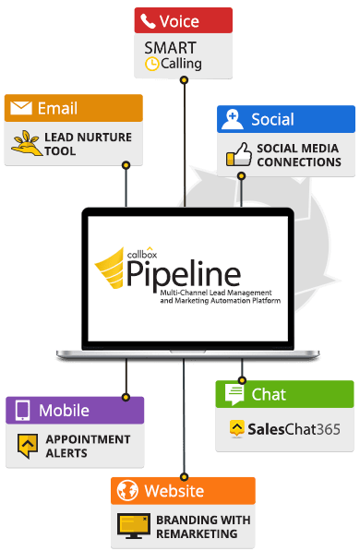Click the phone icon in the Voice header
[x=148, y=20]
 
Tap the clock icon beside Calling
[x=152, y=66]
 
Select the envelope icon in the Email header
[x=19, y=109]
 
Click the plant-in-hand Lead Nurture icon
[x=24, y=142]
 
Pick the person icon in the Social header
[x=234, y=118]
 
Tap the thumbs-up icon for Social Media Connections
[x=236, y=153]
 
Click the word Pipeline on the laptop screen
[x=197, y=273]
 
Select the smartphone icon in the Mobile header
[x=22, y=410]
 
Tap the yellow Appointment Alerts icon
[x=27, y=445]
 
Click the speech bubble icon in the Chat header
[x=234, y=395]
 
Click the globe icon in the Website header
[x=127, y=490]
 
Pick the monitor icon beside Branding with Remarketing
[x=133, y=525]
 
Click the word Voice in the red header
[x=178, y=20]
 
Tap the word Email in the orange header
[x=57, y=109]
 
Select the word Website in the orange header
[x=174, y=490]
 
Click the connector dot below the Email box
[x=126, y=165]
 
